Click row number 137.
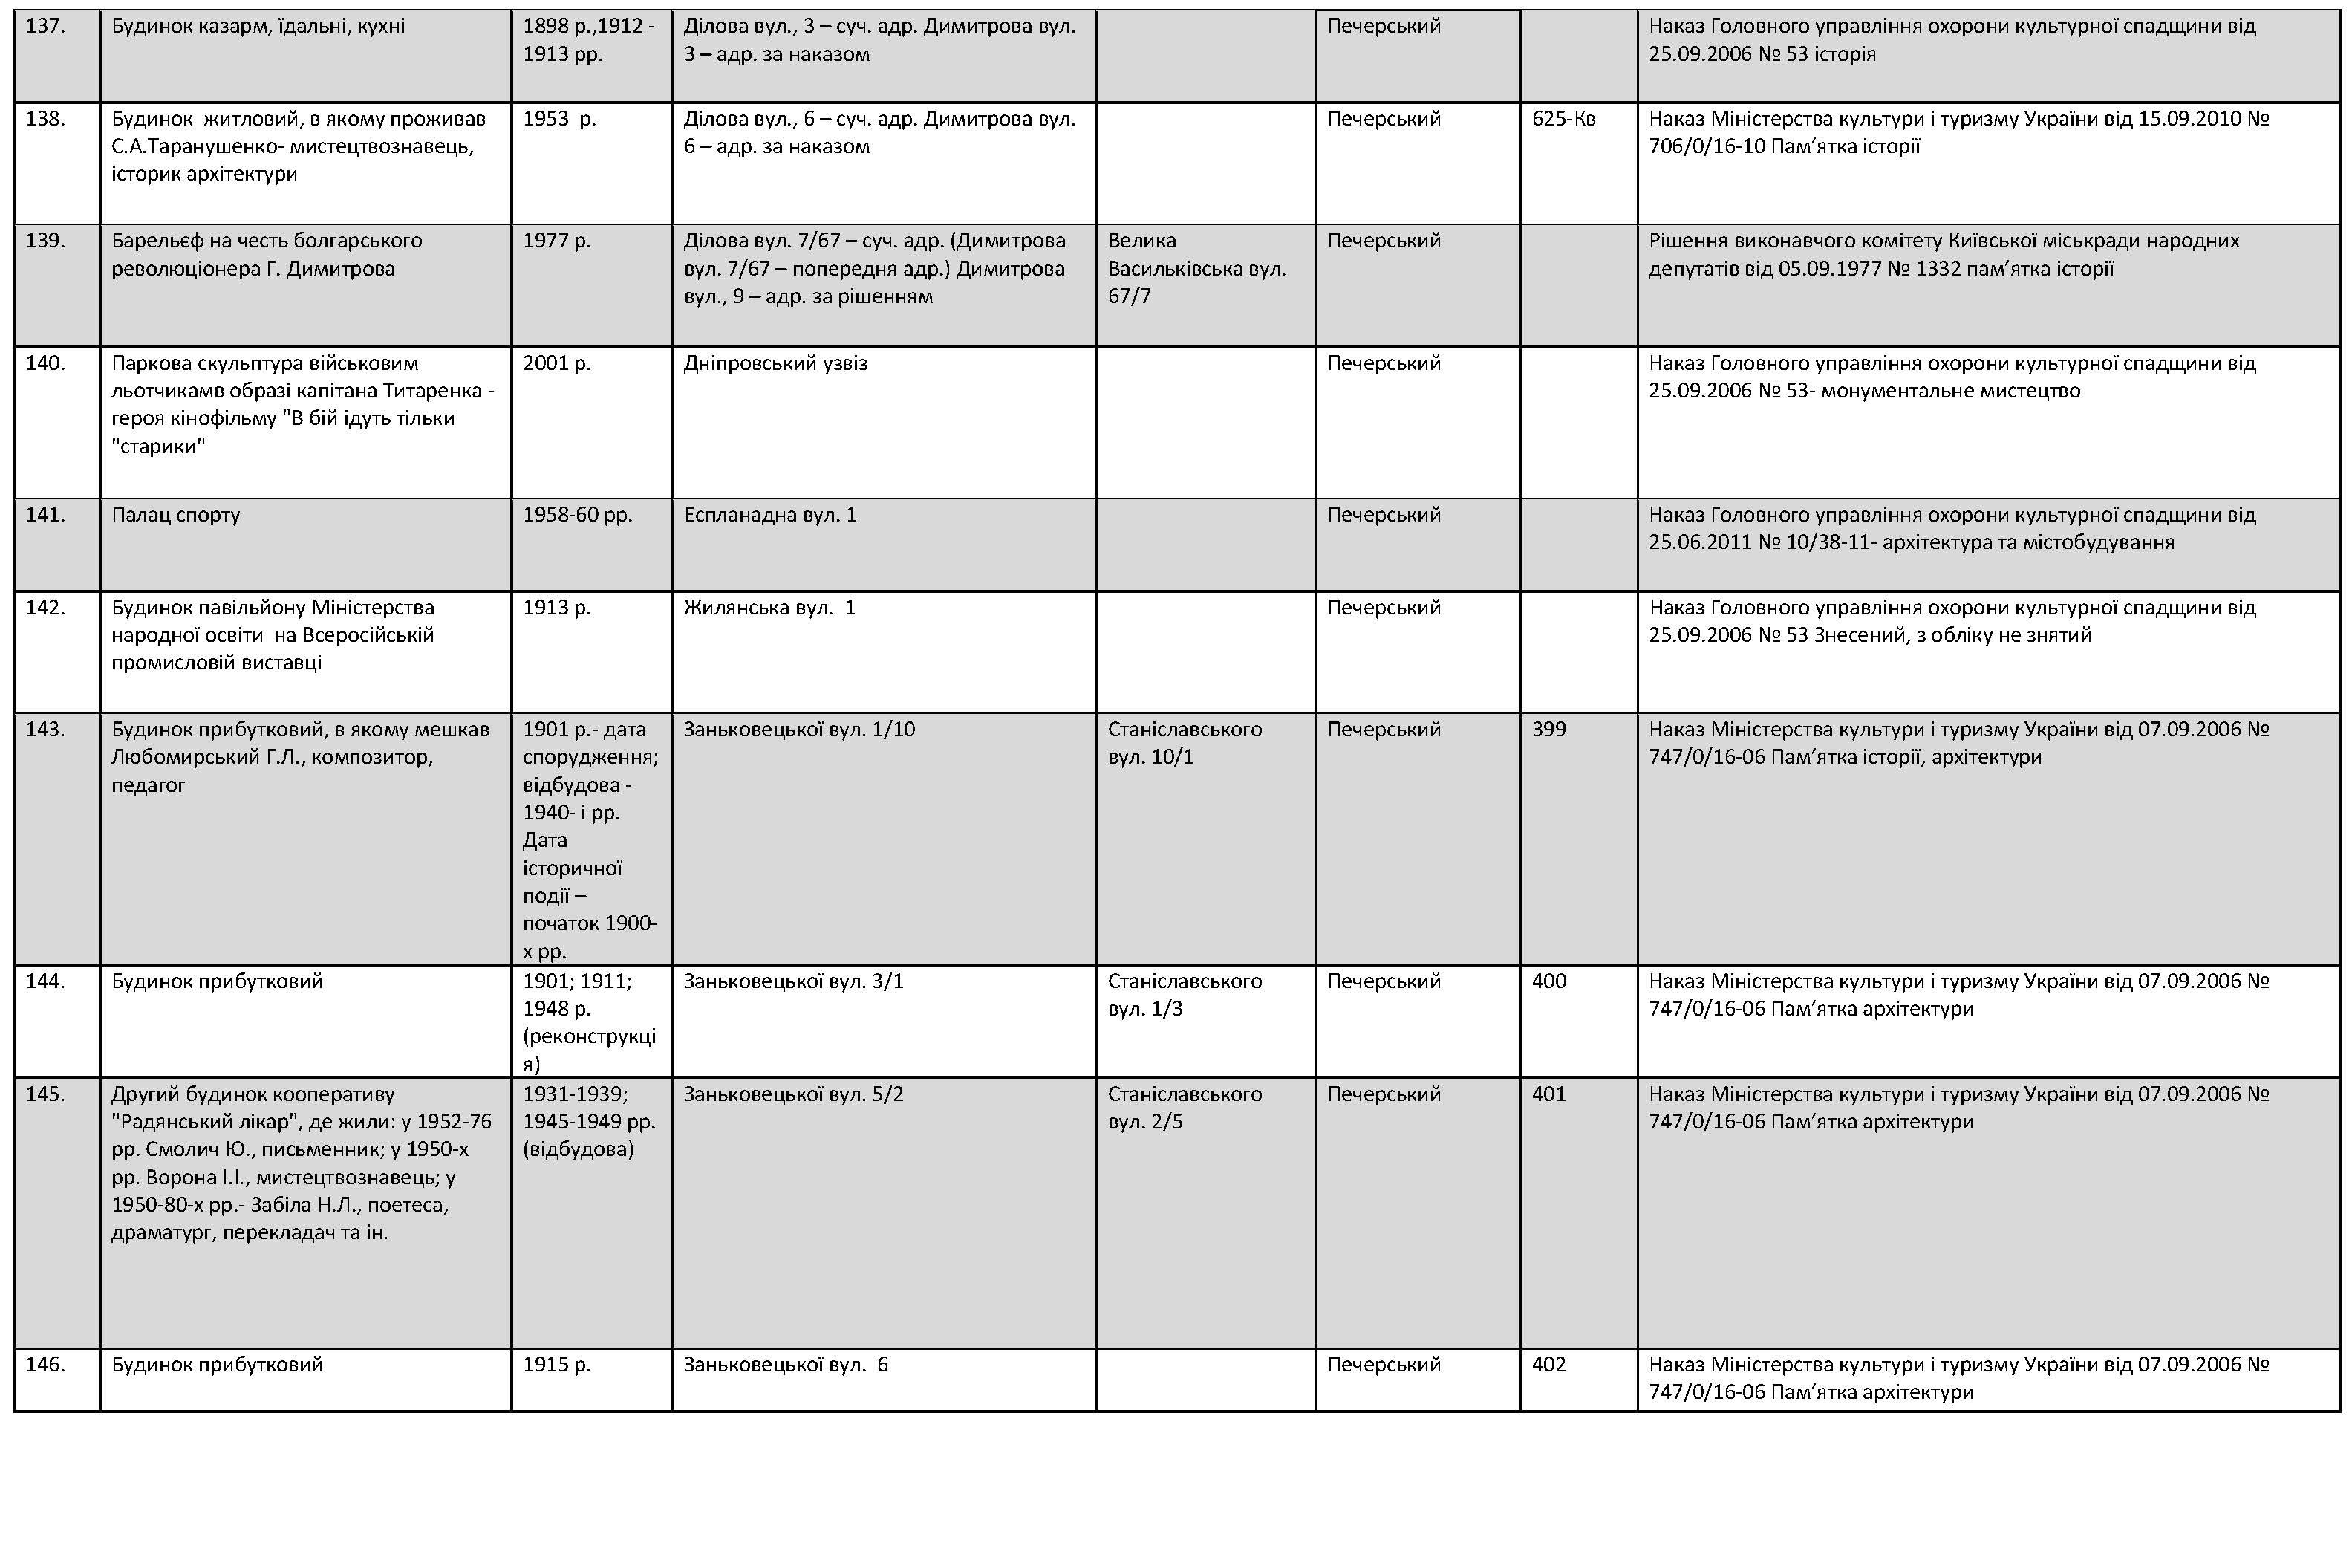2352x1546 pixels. pyautogui.click(x=45, y=27)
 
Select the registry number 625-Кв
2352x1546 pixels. pyautogui.click(x=1563, y=120)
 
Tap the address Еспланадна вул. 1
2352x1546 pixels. pyautogui.click(x=770, y=515)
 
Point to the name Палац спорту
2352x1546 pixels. pyautogui.click(x=175, y=515)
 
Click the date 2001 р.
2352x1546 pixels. pyautogui.click(x=556, y=364)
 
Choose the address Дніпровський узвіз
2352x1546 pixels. pyautogui.click(x=775, y=364)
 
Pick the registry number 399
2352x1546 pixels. pyautogui.click(x=1548, y=730)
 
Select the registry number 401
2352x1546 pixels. pyautogui.click(x=1548, y=1094)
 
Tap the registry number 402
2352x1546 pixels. pyautogui.click(x=1548, y=1365)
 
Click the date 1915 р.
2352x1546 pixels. pyautogui.click(x=556, y=1365)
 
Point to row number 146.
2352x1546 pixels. pyautogui.click(x=45, y=1365)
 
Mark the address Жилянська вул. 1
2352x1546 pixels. pyautogui.click(x=769, y=608)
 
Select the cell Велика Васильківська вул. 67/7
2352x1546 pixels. pyautogui.click(x=1196, y=269)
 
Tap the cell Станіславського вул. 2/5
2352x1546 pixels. pyautogui.click(x=1184, y=1108)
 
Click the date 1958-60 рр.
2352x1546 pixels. pyautogui.click(x=577, y=515)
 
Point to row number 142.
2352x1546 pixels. pyautogui.click(x=45, y=608)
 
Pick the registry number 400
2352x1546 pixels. pyautogui.click(x=1548, y=981)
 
